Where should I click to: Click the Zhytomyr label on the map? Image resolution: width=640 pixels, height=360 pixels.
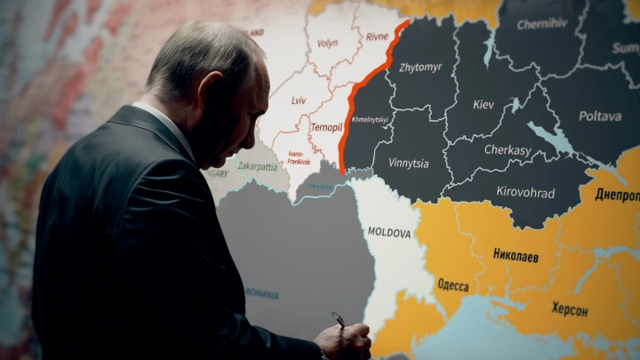(421, 67)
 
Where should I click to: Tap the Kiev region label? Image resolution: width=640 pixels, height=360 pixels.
(484, 105)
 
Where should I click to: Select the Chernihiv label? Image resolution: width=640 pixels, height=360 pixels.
(542, 24)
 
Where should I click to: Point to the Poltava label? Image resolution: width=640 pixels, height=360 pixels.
(600, 116)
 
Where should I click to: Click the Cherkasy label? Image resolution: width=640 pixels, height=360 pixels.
(508, 150)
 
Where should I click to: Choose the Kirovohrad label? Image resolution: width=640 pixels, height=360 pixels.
(525, 193)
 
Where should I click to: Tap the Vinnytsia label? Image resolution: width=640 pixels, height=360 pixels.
(408, 164)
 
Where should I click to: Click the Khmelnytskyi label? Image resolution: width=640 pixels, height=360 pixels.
(370, 119)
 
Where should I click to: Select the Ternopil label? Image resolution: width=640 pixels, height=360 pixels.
(326, 127)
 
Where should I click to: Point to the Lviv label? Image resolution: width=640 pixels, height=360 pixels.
(299, 100)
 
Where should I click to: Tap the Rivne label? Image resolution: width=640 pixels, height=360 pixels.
(378, 37)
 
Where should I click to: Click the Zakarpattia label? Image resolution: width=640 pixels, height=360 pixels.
(259, 165)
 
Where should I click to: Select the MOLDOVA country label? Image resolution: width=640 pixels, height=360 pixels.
(389, 233)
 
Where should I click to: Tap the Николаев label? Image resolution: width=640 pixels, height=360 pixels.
(516, 255)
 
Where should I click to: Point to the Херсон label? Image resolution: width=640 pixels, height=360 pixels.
(570, 309)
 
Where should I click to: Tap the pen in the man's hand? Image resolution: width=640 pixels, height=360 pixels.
(339, 319)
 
